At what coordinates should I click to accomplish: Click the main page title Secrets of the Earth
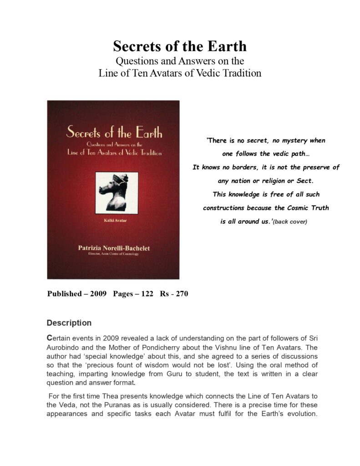point(180,46)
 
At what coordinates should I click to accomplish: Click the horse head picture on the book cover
point(113,191)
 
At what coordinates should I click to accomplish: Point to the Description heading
point(69,323)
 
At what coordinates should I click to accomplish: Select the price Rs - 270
point(174,294)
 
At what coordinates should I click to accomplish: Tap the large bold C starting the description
point(50,338)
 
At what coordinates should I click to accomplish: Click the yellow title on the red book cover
point(114,133)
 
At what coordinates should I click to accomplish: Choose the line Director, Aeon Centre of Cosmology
point(113,253)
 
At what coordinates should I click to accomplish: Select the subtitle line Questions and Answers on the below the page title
point(180,61)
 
